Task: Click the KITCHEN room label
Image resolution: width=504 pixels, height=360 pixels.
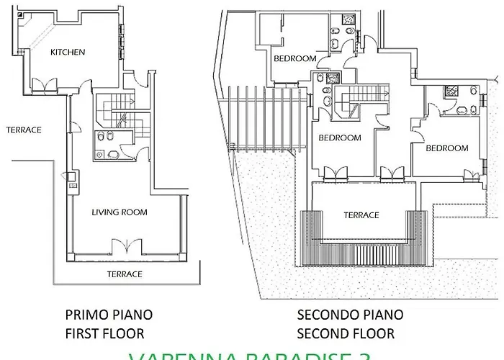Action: click(x=68, y=52)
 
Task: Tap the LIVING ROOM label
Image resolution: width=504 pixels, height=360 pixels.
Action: click(x=119, y=212)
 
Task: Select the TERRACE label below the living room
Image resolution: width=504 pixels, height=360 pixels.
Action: click(x=125, y=274)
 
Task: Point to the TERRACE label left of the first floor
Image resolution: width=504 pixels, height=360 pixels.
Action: click(x=24, y=130)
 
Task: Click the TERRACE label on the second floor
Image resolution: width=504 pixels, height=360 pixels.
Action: click(x=361, y=215)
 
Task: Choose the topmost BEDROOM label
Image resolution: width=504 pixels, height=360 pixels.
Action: click(x=295, y=58)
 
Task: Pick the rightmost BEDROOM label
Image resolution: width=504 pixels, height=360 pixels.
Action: click(x=446, y=148)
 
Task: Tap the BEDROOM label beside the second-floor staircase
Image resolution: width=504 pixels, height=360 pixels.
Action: click(x=339, y=138)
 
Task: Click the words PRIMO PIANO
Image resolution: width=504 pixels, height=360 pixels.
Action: click(x=109, y=315)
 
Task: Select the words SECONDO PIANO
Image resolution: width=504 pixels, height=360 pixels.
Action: click(x=350, y=315)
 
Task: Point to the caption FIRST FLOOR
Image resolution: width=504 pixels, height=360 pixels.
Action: click(x=104, y=333)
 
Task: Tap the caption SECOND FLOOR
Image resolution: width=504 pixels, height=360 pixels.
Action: click(x=346, y=333)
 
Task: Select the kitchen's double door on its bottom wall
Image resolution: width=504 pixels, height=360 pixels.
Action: click(x=43, y=85)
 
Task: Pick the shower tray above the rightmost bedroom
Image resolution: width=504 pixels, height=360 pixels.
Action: click(x=452, y=91)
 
